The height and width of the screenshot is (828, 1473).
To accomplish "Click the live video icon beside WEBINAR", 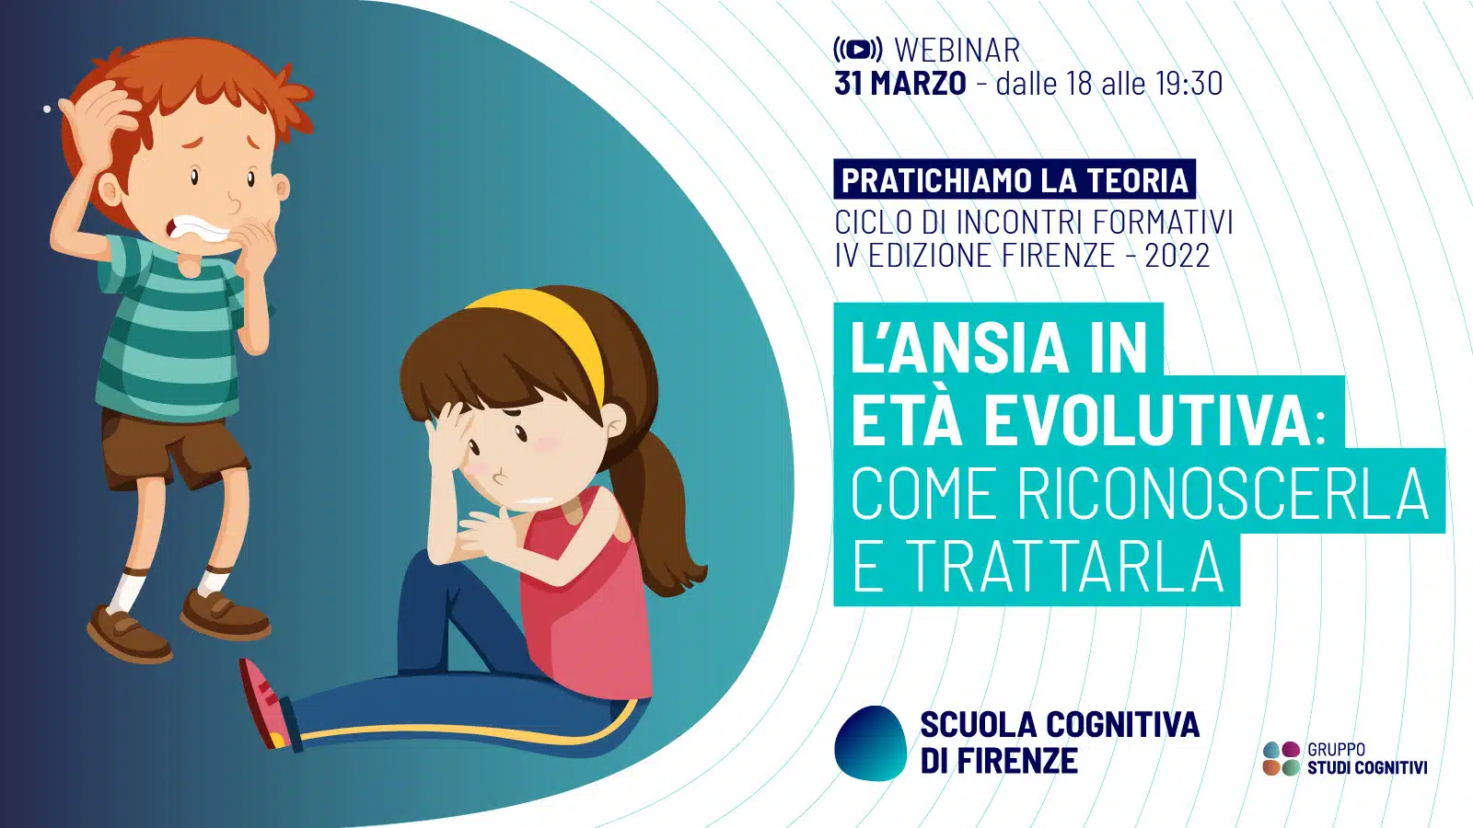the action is click(858, 50).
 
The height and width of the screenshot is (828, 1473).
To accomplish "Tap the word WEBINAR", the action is click(957, 51).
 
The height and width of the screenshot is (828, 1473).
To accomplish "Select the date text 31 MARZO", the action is click(900, 84).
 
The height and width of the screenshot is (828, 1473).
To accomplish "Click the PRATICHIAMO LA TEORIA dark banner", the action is click(1015, 178).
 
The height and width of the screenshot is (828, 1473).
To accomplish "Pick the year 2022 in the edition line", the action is click(1177, 256).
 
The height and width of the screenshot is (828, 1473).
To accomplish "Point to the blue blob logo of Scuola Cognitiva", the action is click(871, 743).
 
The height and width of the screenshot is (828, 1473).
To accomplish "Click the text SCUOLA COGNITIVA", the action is click(1060, 724).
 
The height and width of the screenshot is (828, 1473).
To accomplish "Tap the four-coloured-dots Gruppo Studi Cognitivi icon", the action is click(1282, 758).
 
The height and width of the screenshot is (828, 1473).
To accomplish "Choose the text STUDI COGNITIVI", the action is click(1367, 767).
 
